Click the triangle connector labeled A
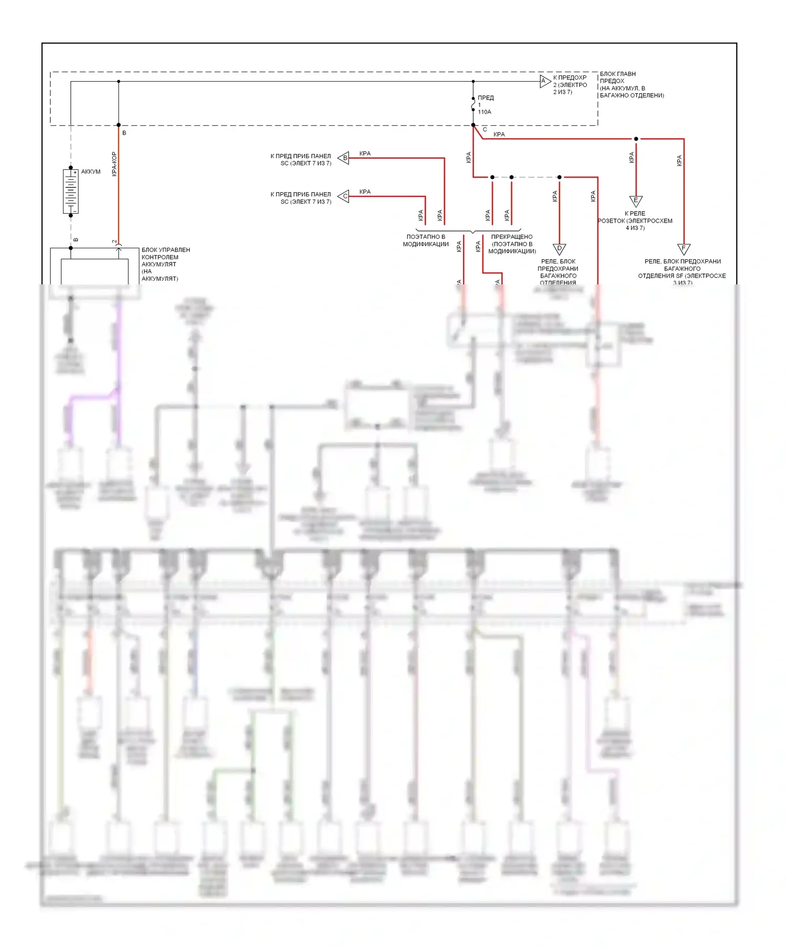pos(545,81)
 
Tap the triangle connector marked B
pos(344,158)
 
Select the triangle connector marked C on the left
pos(344,196)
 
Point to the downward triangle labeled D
pos(559,249)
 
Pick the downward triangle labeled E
pos(636,201)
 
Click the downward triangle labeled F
pos(683,249)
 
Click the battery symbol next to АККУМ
pos(71,191)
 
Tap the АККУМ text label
pos(91,172)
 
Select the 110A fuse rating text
pos(485,112)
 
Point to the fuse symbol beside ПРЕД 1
pos(473,104)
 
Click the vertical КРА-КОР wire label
pos(114,164)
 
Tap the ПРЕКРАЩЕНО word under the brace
pos(511,237)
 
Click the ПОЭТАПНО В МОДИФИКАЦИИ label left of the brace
pos(425,240)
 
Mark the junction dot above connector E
pos(636,139)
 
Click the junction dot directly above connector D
pos(559,177)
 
